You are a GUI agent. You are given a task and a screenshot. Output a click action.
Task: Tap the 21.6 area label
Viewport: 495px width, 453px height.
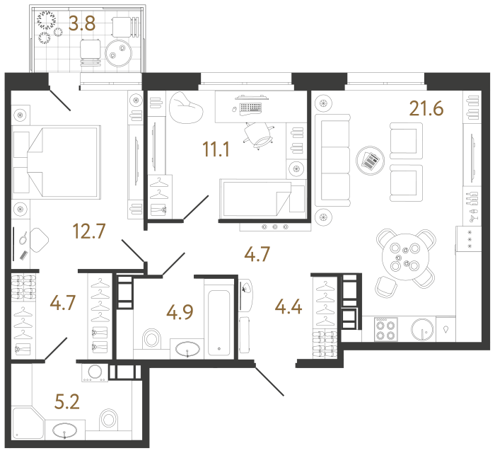pyautogui.click(x=426, y=108)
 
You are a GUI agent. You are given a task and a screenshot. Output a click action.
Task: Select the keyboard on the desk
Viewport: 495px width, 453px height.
pyautogui.click(x=250, y=108)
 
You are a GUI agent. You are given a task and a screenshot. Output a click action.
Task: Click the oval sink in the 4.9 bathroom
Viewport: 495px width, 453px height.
pyautogui.click(x=187, y=348)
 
